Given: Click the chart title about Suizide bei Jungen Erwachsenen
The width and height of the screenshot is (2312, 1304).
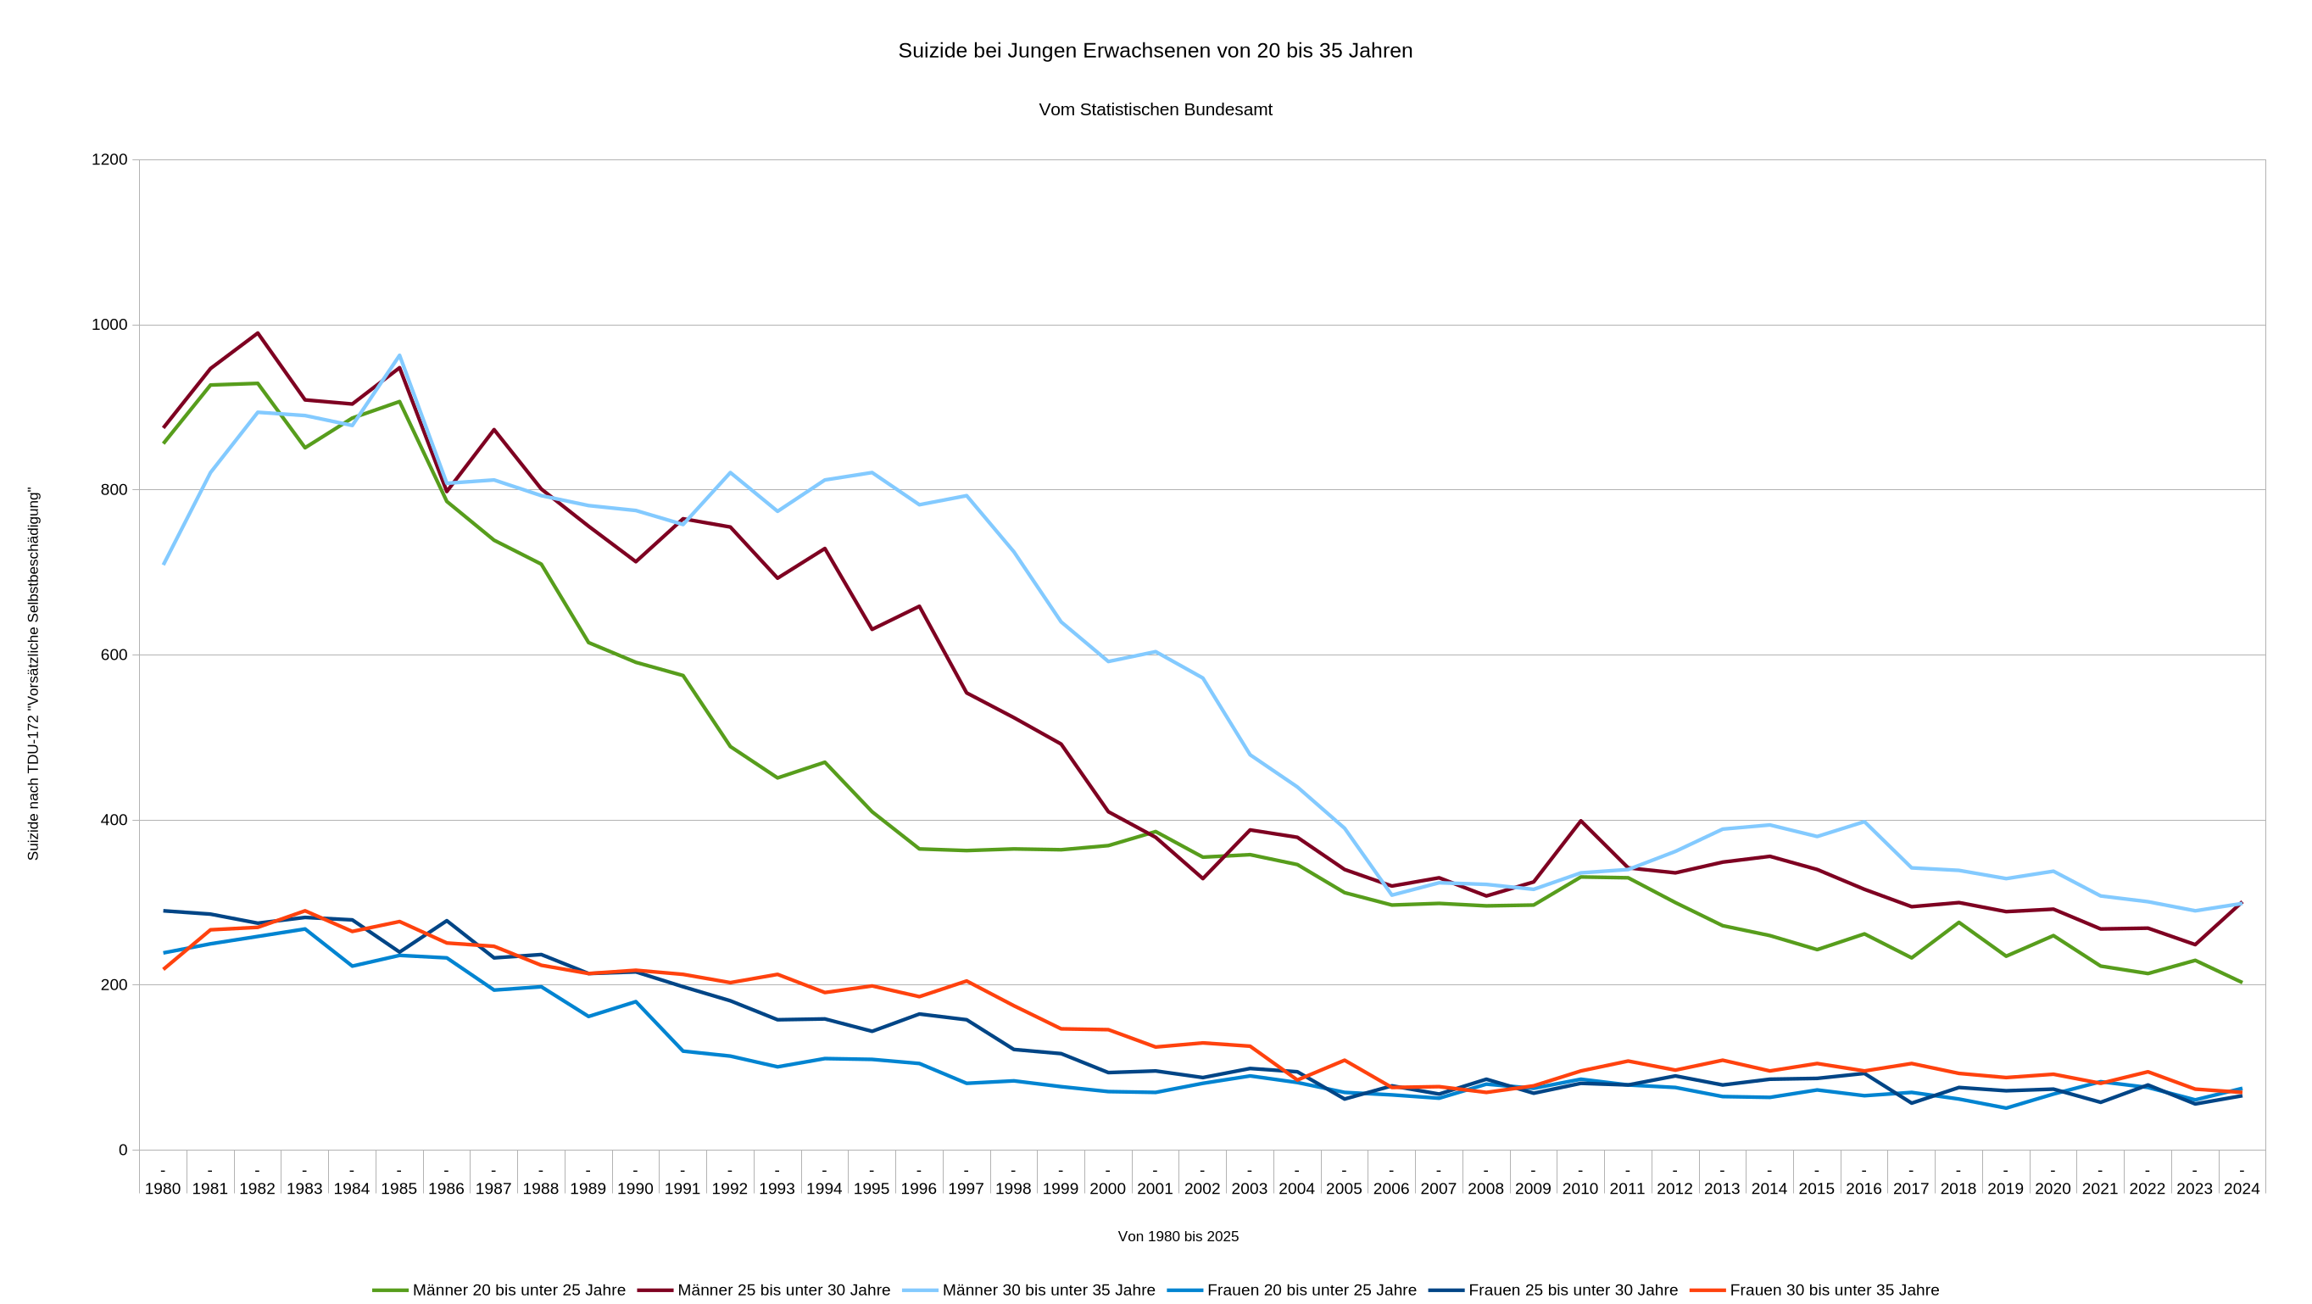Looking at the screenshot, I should (x=1155, y=51).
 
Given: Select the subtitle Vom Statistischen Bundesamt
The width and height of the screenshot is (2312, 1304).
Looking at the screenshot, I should (x=1155, y=109).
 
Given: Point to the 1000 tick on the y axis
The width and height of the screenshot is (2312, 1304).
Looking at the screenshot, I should (x=109, y=325).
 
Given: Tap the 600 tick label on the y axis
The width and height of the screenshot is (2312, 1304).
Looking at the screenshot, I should (x=114, y=655).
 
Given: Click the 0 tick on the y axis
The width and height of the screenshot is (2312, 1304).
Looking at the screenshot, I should (x=123, y=1150).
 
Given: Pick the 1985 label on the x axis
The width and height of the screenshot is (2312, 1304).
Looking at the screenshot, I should (x=398, y=1188).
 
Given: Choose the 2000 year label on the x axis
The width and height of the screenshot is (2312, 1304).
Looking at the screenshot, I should (x=1107, y=1188).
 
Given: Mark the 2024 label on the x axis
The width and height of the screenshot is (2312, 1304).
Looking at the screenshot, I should (x=2241, y=1188).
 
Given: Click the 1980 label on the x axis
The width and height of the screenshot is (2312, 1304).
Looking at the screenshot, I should (x=163, y=1188).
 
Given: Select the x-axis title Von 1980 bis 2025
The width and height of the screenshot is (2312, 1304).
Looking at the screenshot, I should (x=1178, y=1237).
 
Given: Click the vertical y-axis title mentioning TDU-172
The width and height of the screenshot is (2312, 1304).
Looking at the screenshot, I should (x=33, y=674).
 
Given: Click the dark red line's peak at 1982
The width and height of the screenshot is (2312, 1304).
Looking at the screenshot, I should (x=258, y=333).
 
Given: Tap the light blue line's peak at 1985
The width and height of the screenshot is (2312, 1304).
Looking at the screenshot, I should (x=399, y=355).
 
